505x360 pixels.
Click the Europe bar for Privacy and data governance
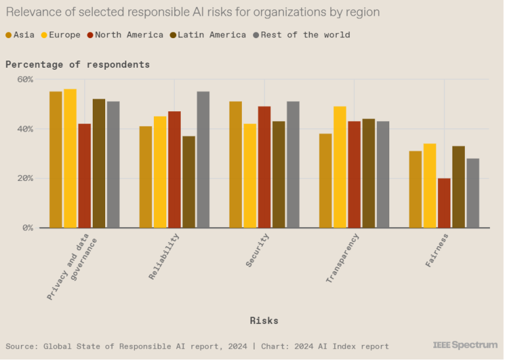(70, 159)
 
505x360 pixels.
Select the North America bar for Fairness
(444, 203)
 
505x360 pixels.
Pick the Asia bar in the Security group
(235, 165)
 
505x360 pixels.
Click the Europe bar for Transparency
(340, 167)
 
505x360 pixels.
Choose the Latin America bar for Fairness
(458, 187)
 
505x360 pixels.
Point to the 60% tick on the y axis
(25, 80)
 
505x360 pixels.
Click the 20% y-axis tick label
(25, 178)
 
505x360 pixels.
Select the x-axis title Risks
(264, 321)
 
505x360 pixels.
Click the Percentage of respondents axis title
(78, 64)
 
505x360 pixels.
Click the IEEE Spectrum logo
(465, 345)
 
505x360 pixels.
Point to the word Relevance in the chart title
(33, 13)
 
